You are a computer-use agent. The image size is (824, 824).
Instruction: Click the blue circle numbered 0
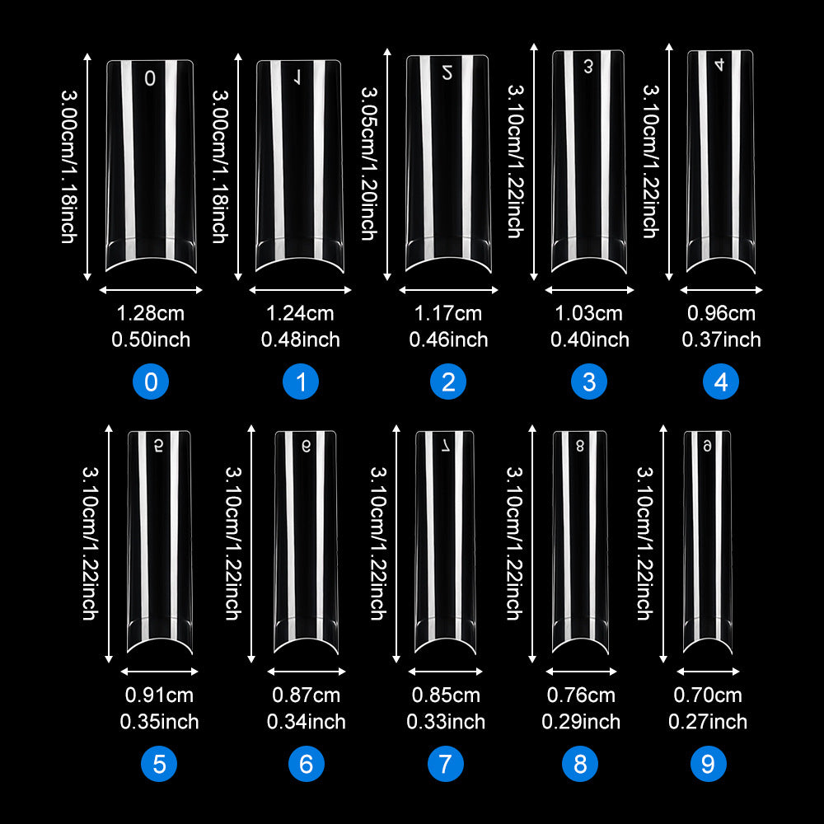click(x=151, y=382)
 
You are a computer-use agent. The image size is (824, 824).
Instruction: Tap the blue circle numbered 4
click(x=720, y=382)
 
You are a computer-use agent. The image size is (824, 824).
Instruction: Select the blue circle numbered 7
click(x=445, y=764)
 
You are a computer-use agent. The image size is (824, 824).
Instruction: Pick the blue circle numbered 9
click(x=708, y=764)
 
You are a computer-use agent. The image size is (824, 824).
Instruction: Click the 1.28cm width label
click(x=150, y=313)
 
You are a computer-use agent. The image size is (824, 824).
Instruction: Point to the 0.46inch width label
click(x=448, y=339)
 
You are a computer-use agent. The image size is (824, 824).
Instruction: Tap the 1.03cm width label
click(x=588, y=313)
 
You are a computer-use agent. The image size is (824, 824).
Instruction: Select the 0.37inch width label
click(x=721, y=339)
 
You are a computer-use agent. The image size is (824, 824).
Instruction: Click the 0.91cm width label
click(x=159, y=695)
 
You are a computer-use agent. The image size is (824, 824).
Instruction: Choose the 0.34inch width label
click(x=306, y=722)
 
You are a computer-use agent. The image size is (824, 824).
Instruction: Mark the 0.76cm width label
click(x=581, y=695)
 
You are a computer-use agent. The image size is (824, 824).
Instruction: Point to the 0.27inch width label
click(x=707, y=722)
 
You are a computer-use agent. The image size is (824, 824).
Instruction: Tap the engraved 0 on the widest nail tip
click(x=150, y=78)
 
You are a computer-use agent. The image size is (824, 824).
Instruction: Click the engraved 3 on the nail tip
click(x=588, y=66)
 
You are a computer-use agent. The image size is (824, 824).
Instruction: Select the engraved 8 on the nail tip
click(x=579, y=446)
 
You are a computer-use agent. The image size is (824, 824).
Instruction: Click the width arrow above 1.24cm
click(x=300, y=289)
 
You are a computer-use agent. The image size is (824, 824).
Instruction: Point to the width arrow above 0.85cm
click(x=445, y=671)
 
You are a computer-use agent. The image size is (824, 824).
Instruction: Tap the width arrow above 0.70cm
click(x=708, y=671)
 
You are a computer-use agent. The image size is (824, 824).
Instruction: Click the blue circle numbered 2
click(x=448, y=382)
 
